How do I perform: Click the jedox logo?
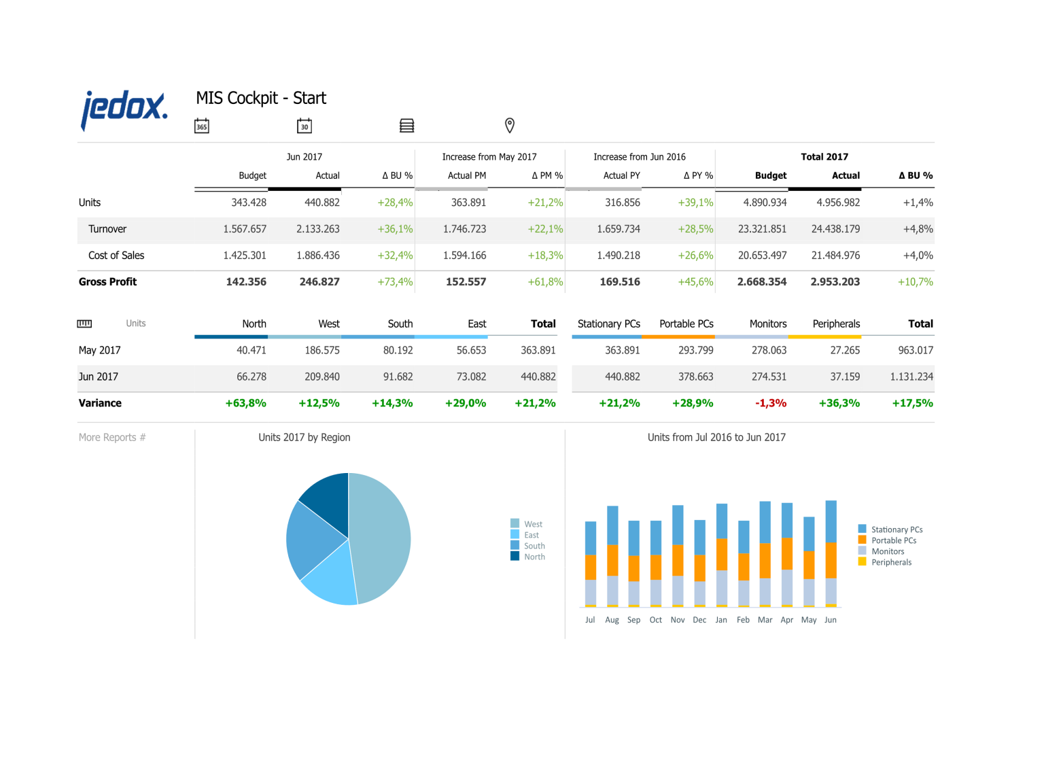(x=124, y=109)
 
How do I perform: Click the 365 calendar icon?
(x=202, y=126)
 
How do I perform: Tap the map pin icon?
(x=509, y=125)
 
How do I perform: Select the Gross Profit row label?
(x=107, y=282)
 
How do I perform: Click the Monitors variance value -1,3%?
(x=770, y=403)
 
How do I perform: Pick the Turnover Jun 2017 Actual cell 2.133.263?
(x=317, y=229)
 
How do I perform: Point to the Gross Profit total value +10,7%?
(x=915, y=282)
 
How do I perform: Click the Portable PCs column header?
(x=686, y=324)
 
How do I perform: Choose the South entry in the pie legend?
(x=534, y=546)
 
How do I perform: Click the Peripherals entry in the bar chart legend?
(x=890, y=562)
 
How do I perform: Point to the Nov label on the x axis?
(x=677, y=620)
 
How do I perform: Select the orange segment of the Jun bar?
(x=831, y=559)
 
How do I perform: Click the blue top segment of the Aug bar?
(x=612, y=525)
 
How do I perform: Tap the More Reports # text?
(x=112, y=438)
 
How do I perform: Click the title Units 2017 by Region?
(x=304, y=438)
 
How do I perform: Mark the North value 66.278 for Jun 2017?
(x=251, y=377)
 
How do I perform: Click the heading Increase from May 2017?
(x=489, y=157)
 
